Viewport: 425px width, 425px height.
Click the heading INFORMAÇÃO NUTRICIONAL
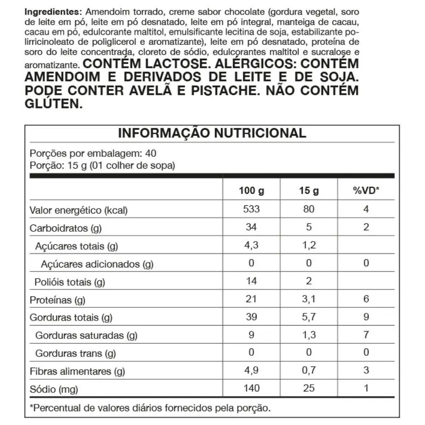[212, 133]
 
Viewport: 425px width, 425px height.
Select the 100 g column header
[252, 191]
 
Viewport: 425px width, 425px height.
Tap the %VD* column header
[366, 191]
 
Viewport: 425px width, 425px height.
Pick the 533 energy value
[252, 209]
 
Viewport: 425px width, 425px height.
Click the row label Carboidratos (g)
[66, 228]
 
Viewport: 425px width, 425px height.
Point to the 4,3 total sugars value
[252, 245]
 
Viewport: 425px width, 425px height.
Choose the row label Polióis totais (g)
[70, 282]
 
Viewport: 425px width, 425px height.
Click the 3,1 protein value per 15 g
[309, 299]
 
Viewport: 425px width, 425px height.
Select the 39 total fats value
[252, 317]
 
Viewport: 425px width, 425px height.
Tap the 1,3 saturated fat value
[309, 335]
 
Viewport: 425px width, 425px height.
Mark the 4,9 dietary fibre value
[252, 370]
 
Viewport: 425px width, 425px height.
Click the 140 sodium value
[252, 388]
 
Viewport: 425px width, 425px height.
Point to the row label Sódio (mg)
[54, 389]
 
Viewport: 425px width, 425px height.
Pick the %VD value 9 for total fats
[366, 317]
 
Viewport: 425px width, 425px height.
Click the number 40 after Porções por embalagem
[151, 153]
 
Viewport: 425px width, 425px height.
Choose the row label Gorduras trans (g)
[75, 354]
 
